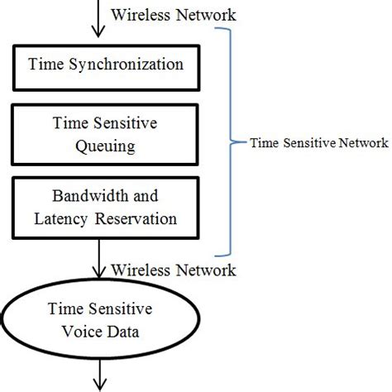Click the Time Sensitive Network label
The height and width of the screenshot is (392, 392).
(318, 143)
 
